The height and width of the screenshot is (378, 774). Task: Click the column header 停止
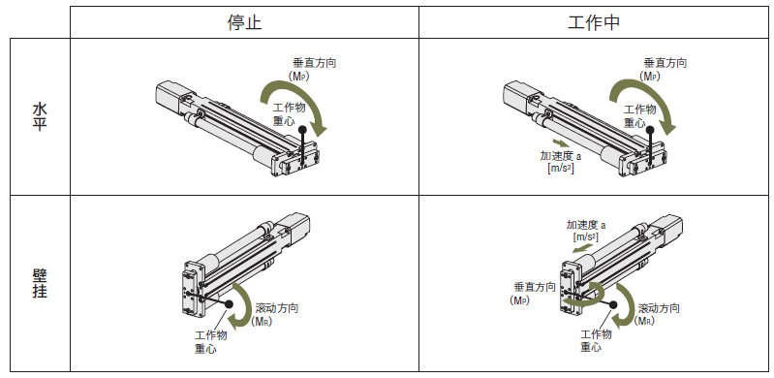(x=244, y=22)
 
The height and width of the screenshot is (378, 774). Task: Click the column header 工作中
(x=594, y=22)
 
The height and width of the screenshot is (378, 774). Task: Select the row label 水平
(x=40, y=116)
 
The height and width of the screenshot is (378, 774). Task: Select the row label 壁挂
(x=40, y=284)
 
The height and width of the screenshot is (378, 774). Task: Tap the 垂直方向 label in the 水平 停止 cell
(x=315, y=63)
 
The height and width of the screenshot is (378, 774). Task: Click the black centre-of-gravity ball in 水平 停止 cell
(x=302, y=131)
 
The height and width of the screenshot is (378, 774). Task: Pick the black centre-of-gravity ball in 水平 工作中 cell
(x=651, y=131)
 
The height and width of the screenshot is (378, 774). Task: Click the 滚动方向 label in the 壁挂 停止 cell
(x=277, y=308)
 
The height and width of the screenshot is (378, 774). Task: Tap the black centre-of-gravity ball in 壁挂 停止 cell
(x=229, y=305)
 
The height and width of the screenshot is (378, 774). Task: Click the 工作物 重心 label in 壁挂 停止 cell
(x=210, y=342)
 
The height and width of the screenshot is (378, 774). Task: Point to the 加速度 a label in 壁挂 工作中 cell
(x=586, y=225)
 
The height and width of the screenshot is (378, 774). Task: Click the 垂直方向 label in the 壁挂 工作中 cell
(x=535, y=287)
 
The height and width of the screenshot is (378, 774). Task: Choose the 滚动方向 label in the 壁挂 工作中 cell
(x=659, y=308)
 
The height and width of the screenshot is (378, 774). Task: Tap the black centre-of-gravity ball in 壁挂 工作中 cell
(x=613, y=305)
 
